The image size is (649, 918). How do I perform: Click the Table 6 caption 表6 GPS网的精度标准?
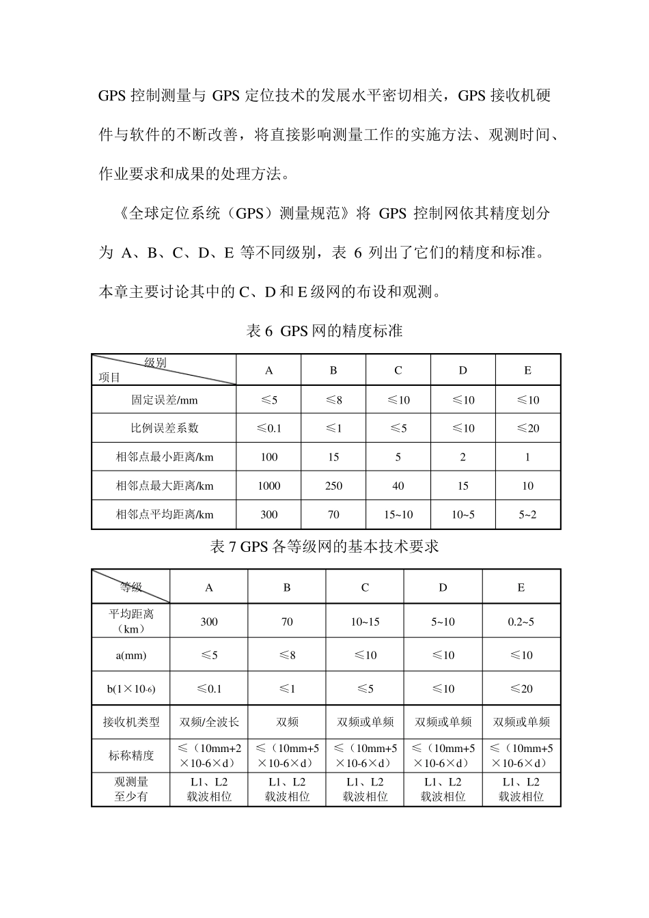pos(324,331)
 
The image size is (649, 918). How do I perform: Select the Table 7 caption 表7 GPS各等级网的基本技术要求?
pos(324,547)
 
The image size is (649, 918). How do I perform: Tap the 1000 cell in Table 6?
pos(268,486)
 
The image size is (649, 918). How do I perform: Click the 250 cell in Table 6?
pos(333,486)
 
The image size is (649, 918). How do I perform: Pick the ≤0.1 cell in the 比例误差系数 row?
pos(268,428)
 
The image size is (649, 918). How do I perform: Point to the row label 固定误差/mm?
pos(164,400)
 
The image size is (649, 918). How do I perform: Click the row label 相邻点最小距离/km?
pos(164,457)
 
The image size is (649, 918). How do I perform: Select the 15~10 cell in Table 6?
pos(398,514)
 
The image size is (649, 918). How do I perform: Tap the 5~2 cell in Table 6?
pos(527,514)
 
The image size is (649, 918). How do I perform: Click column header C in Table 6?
pos(398,370)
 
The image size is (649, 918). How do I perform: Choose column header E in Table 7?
pos(521,587)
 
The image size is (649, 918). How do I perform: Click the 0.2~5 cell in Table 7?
pos(521,622)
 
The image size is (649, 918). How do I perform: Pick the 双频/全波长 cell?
pos(209,722)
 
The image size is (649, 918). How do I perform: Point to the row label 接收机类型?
pos(131,722)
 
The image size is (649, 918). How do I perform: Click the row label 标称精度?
pos(131,755)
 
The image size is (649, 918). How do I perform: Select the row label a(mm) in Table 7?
pos(131,655)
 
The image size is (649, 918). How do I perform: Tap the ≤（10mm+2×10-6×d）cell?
pos(209,755)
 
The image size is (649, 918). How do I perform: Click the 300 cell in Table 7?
pos(209,622)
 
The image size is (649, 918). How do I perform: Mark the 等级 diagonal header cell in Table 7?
pos(131,587)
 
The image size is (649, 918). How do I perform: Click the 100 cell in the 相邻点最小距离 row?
pos(268,457)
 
